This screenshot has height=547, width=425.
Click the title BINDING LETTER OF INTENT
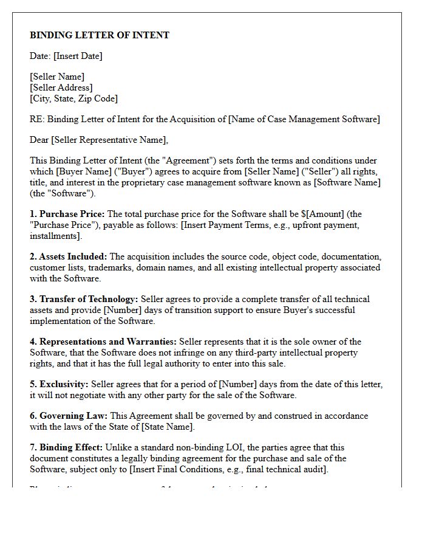click(100, 35)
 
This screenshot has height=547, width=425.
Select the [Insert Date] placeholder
click(78, 56)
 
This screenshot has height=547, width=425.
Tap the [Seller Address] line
click(60, 88)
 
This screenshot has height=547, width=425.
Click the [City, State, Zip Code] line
click(73, 98)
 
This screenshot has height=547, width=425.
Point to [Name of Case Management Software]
click(304, 119)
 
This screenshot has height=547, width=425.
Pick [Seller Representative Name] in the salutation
click(109, 140)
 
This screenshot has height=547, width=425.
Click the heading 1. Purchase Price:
click(67, 214)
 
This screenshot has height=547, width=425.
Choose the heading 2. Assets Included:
click(69, 256)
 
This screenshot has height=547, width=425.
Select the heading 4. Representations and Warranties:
click(103, 342)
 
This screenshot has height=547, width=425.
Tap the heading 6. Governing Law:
click(69, 416)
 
